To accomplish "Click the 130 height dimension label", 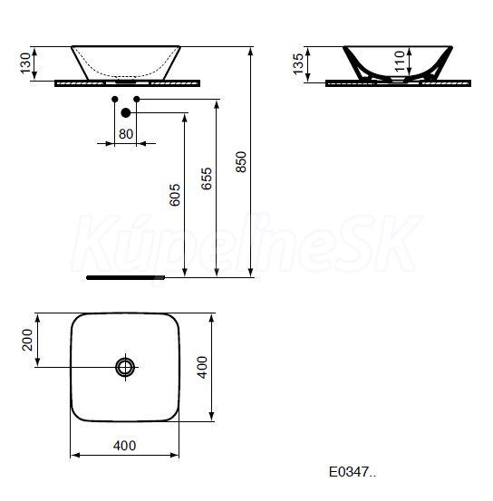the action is [26, 63].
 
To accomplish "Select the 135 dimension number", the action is [298, 64].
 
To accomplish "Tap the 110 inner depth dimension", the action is [400, 62].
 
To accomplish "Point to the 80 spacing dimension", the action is [126, 134].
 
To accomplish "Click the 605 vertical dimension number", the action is [175, 194].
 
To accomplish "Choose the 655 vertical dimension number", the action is [207, 178].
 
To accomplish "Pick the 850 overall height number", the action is [241, 162].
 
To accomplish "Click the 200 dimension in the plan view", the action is [27, 340].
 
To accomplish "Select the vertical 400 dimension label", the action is [203, 368].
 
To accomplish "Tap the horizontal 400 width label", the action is [124, 446].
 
